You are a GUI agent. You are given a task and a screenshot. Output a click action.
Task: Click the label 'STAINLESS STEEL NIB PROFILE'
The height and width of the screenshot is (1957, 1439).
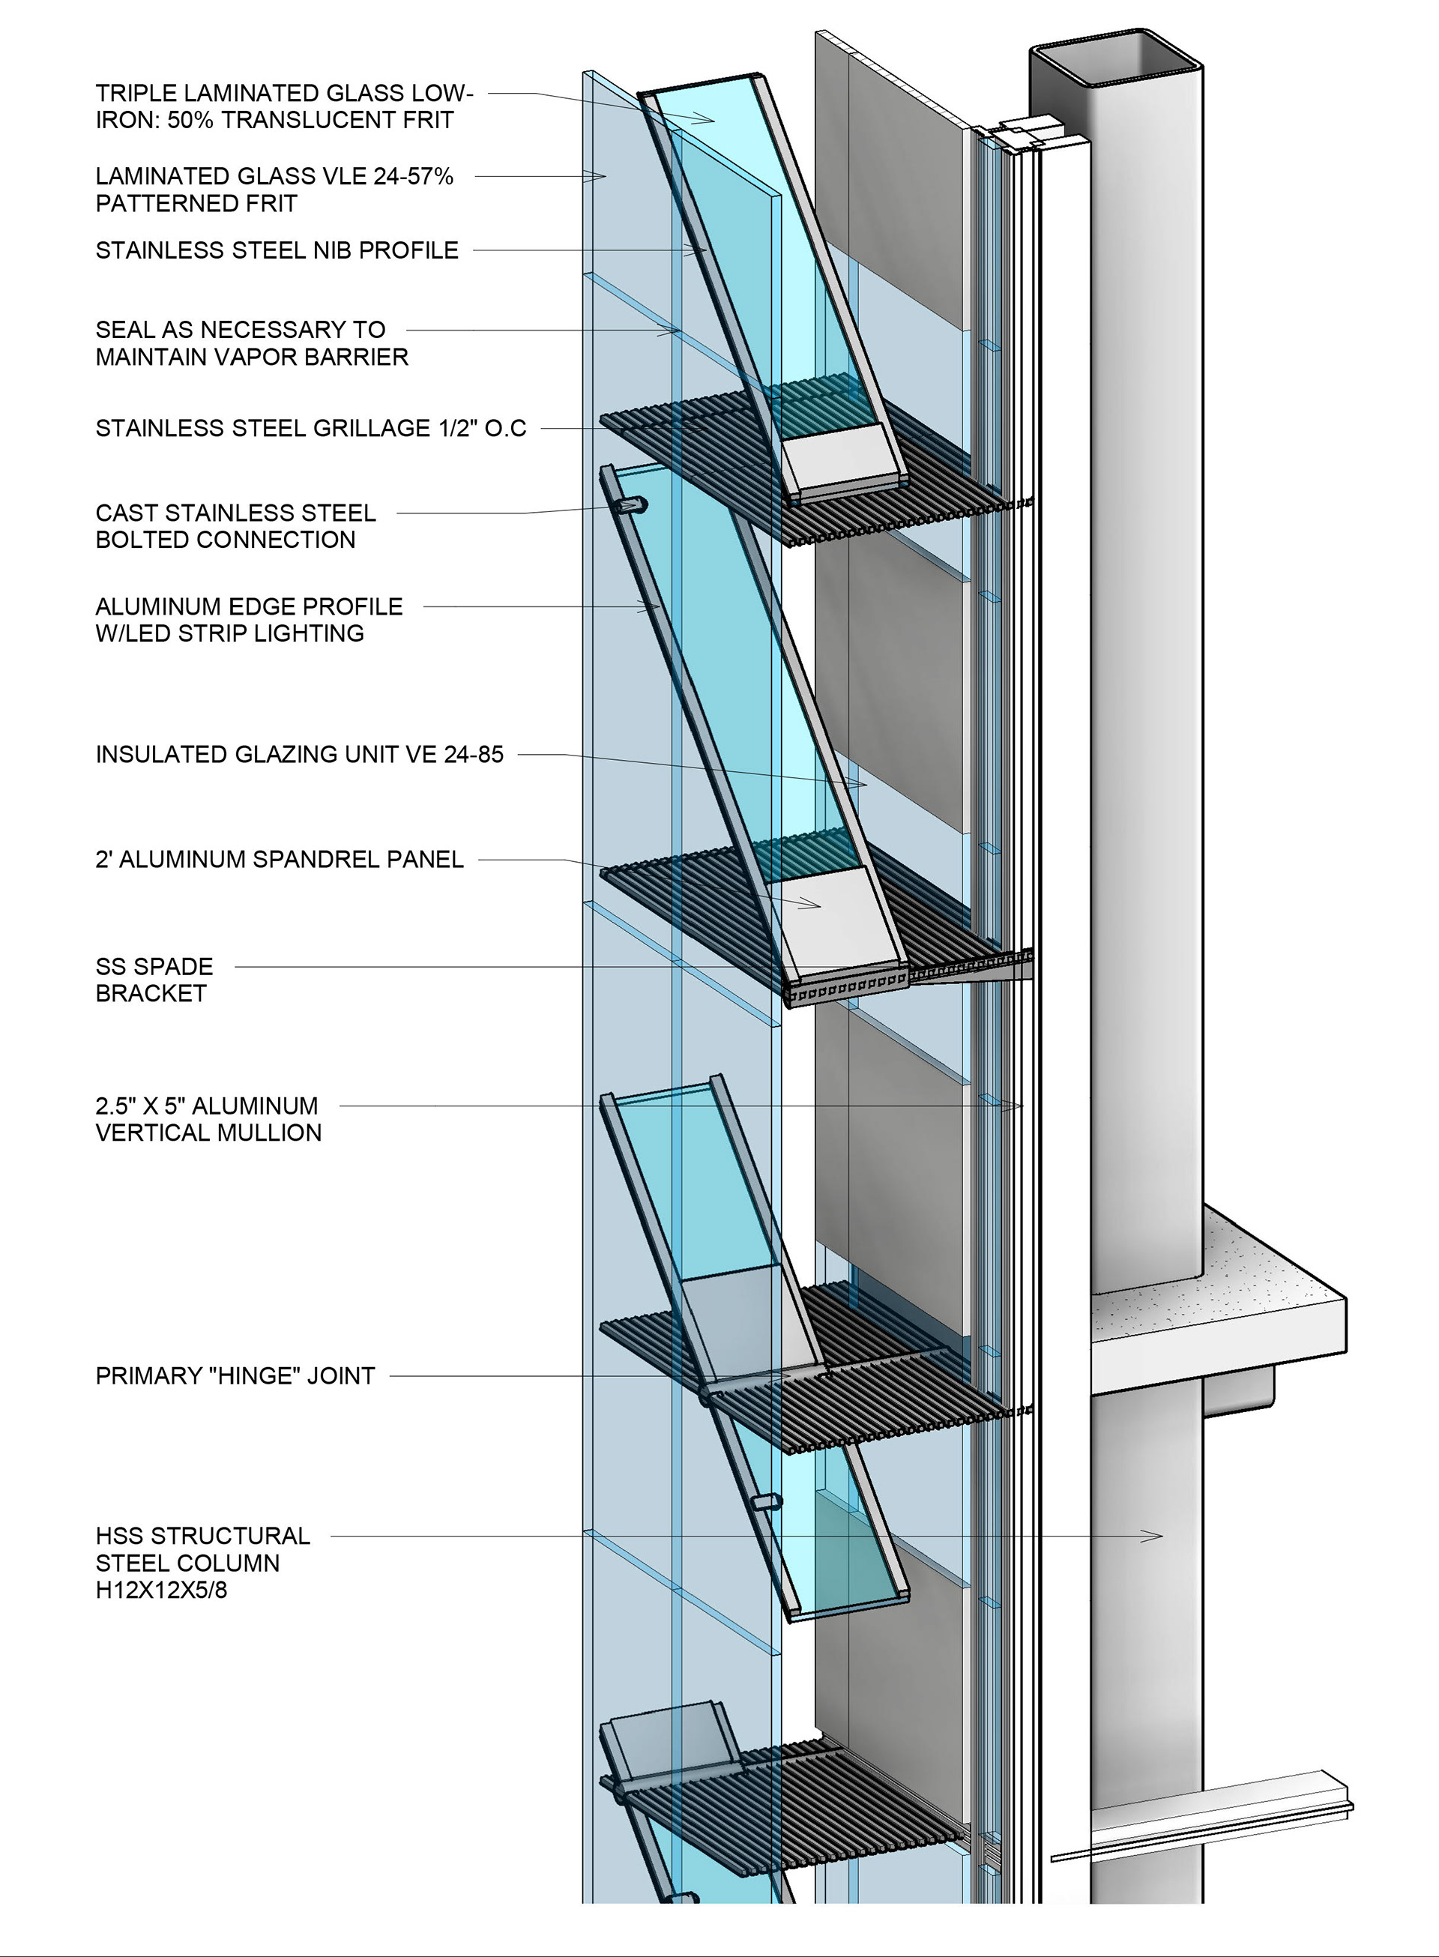point(277,251)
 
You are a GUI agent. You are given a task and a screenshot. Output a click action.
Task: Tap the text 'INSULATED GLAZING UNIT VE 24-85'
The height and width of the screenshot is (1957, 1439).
point(300,754)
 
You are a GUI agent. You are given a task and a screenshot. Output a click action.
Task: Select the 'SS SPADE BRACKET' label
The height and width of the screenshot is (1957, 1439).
point(154,980)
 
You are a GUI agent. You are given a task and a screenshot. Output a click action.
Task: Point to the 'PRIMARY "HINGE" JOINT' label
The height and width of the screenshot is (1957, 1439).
point(235,1376)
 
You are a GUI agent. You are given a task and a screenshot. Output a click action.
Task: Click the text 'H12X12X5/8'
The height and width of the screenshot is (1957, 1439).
point(161,1590)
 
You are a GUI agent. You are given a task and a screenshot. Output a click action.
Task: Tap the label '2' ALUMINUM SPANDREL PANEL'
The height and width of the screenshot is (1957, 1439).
point(280,860)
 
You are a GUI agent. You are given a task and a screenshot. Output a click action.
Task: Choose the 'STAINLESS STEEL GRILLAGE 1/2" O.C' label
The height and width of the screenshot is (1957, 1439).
point(311,429)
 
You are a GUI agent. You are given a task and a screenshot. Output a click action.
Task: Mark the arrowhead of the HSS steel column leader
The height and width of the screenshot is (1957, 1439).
point(1159,1537)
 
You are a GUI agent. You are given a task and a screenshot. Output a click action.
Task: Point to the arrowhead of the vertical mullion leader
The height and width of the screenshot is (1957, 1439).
point(1019,1106)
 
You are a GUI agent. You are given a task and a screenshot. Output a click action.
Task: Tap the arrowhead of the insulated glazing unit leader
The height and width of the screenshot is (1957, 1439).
point(863,785)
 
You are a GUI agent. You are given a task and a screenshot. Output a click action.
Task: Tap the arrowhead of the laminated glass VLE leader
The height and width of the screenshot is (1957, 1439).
point(601,177)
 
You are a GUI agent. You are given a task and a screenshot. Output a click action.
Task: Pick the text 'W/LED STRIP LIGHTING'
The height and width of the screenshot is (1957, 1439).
point(230,633)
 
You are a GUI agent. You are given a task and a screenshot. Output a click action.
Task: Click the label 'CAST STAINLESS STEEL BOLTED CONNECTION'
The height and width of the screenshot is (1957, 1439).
point(235,526)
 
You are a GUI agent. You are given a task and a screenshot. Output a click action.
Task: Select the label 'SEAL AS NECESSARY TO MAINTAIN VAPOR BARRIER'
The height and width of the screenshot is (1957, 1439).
point(252,343)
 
